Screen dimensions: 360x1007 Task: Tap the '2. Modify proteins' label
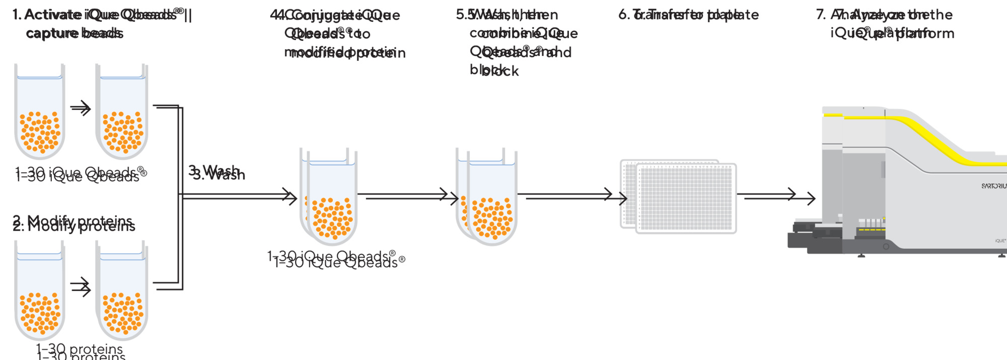[74, 223]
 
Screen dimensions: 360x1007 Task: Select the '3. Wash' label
[217, 173]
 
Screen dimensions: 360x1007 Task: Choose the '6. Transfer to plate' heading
[688, 15]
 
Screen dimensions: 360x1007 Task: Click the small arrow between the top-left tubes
[81, 108]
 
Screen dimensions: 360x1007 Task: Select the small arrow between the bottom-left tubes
[81, 287]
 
